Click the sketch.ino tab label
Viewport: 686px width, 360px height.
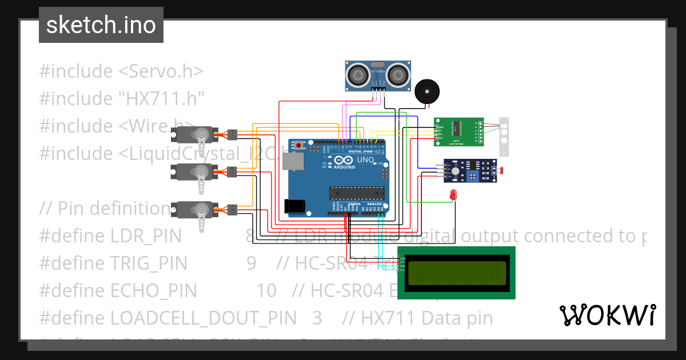101,25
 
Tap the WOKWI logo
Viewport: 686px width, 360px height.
607,315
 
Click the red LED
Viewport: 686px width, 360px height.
454,194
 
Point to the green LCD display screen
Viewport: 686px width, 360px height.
457,273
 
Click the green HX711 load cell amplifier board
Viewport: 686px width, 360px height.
458,131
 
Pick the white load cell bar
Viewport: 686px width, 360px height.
504,137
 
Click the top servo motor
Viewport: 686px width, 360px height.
195,135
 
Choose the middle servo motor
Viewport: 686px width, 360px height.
195,171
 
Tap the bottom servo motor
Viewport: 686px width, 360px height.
195,210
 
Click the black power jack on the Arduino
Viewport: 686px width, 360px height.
294,206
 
